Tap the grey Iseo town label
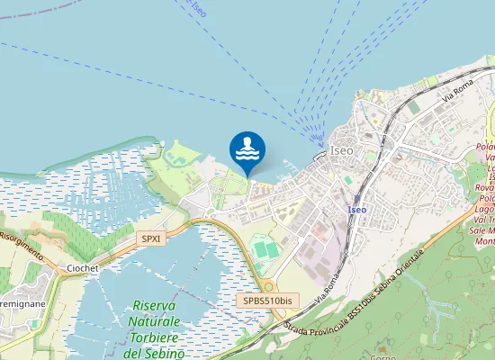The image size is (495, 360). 342,150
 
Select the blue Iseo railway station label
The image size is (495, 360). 356,210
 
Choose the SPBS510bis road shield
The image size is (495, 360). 268,301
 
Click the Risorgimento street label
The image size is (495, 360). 22,243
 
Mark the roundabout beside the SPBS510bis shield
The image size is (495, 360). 268,285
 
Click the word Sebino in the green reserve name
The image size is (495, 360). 166,354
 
